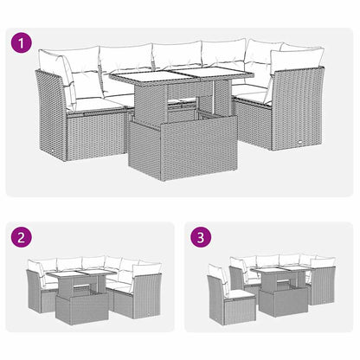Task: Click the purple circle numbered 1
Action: tap(19, 41)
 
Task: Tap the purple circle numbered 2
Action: tap(19, 236)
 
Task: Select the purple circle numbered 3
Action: tap(200, 236)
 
